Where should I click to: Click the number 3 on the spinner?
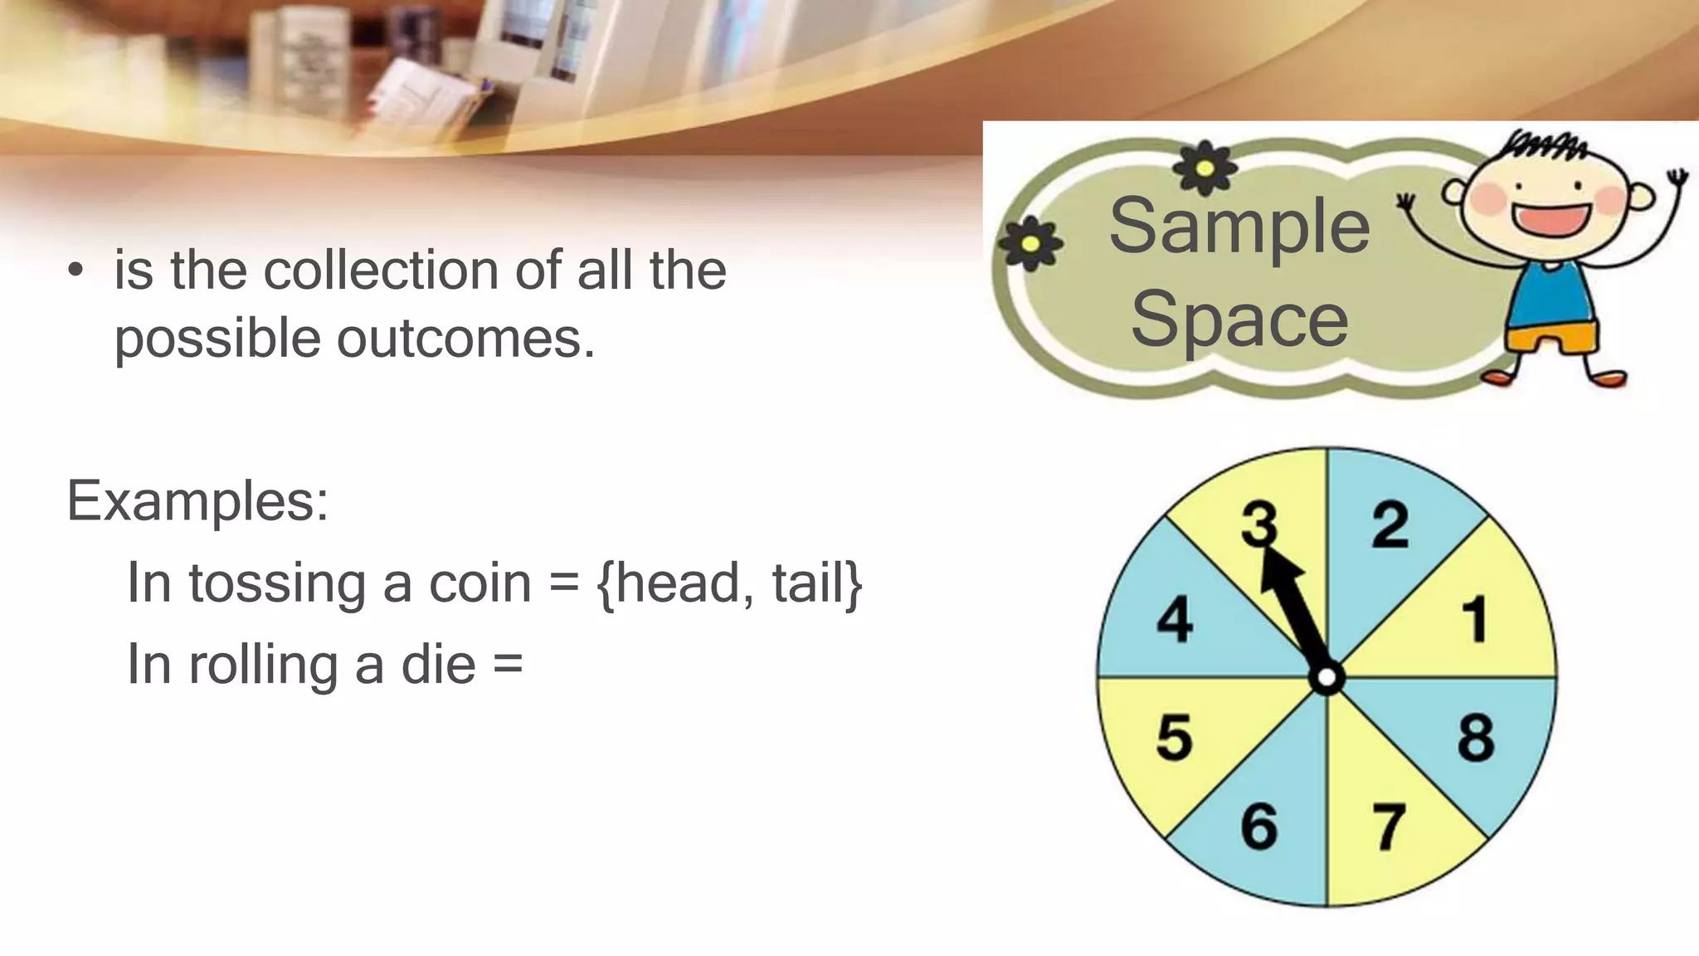[x=1258, y=524]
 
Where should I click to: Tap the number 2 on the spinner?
[x=1390, y=524]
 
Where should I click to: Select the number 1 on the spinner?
[x=1475, y=620]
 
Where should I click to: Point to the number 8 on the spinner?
[x=1476, y=738]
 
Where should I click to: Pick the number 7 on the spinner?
[x=1389, y=827]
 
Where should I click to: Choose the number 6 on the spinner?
[x=1258, y=827]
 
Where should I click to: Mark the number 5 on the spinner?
[x=1174, y=738]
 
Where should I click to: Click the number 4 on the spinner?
[x=1175, y=620]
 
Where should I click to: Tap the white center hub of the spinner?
[x=1327, y=678]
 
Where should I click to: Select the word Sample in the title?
[x=1239, y=226]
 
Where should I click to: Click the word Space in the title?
[x=1239, y=319]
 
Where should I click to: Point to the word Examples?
[x=197, y=501]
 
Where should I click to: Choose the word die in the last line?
[x=438, y=665]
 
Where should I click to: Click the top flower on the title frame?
[x=1205, y=168]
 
